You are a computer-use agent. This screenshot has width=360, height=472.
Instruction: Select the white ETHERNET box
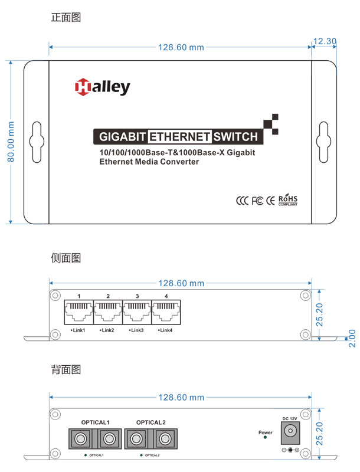(x=179, y=137)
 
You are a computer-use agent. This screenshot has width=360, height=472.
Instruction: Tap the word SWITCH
(x=236, y=137)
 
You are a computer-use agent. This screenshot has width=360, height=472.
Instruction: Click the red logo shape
(x=77, y=91)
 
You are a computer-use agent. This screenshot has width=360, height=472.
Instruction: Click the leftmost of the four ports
(x=80, y=439)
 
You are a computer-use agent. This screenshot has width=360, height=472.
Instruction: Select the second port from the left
(x=108, y=439)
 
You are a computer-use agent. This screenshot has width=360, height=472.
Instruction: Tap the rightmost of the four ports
(x=163, y=439)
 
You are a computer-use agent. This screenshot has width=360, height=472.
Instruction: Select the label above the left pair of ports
(x=94, y=417)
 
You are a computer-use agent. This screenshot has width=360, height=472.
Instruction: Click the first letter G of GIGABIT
(x=103, y=137)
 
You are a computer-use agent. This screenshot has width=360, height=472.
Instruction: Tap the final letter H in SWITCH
(x=254, y=137)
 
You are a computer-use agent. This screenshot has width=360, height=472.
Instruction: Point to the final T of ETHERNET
(x=207, y=137)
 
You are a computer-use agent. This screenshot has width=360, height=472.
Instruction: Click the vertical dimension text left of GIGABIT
(x=19, y=142)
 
